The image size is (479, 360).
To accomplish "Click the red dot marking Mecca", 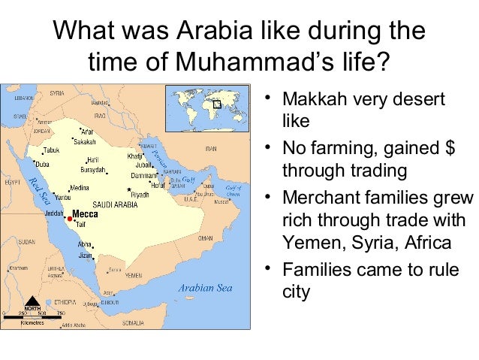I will click(69, 213).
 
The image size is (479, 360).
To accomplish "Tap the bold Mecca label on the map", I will click(85, 213).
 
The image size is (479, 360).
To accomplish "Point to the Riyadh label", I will click(140, 194).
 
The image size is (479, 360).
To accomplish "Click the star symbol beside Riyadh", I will click(130, 189).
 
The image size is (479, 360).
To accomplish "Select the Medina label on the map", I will click(80, 188).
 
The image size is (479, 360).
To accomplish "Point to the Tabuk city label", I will click(52, 150).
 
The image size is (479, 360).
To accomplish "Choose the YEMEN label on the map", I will click(133, 276).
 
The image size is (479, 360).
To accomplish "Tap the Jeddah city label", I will click(54, 213).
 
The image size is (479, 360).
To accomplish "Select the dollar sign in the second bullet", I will click(450, 146).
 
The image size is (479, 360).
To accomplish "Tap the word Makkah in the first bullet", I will click(311, 100).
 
